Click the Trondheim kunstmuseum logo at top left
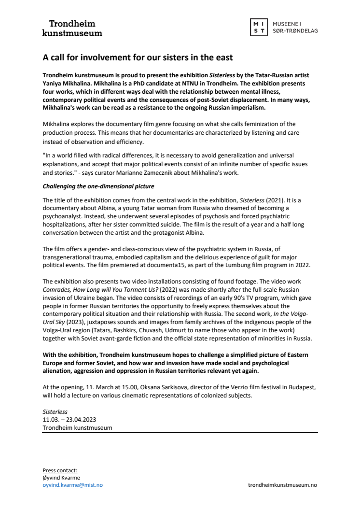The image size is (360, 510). (72, 28)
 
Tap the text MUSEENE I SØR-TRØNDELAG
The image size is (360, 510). (295, 28)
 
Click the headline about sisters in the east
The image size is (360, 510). (138, 57)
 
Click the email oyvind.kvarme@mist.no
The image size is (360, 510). (72, 485)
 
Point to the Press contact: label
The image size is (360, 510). (60, 470)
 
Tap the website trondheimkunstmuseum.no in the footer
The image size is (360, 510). (282, 485)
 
